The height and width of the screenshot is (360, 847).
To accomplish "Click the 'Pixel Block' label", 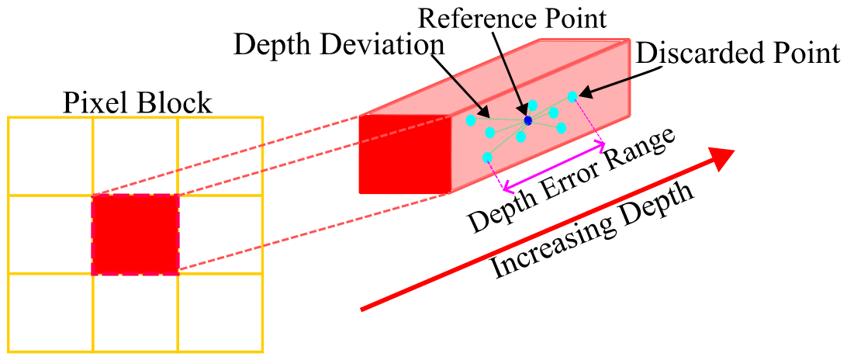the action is pyautogui.click(x=137, y=102).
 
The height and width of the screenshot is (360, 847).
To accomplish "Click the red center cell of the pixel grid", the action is pyautogui.click(x=136, y=234).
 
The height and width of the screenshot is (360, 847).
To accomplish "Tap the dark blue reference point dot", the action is pyautogui.click(x=528, y=120).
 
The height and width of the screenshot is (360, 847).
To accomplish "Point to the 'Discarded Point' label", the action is pyautogui.click(x=737, y=54).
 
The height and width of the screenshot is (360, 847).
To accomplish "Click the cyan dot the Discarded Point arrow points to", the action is pyautogui.click(x=572, y=97).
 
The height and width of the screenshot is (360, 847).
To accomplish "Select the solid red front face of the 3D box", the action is pyautogui.click(x=405, y=154).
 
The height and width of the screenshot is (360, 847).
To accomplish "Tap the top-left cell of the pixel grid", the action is pyautogui.click(x=50, y=156).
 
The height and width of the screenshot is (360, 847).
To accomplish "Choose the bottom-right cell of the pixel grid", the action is pyautogui.click(x=220, y=313).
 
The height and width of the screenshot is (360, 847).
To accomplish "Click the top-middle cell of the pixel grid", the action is pyautogui.click(x=136, y=156).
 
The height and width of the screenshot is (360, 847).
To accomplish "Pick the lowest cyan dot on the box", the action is pyautogui.click(x=487, y=157).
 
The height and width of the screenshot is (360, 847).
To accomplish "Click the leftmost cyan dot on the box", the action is pyautogui.click(x=471, y=119).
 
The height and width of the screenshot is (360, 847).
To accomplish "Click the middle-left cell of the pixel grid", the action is pyautogui.click(x=50, y=234).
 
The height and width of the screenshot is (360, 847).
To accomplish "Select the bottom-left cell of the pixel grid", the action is pyautogui.click(x=50, y=313).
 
